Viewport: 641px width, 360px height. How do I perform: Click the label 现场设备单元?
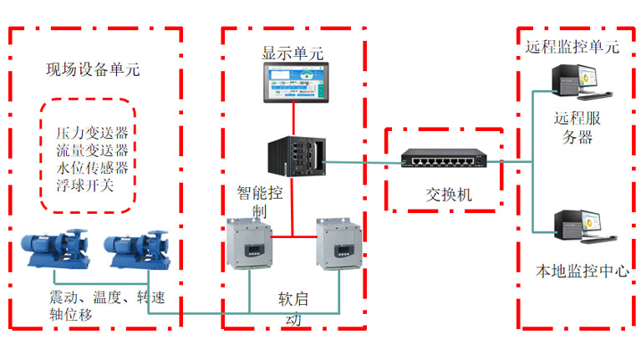92,70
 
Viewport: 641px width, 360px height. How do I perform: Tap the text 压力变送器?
92,134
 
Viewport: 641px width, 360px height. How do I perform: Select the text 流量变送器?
92,150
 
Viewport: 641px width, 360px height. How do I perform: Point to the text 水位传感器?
92,167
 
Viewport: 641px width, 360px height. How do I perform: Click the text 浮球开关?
84,184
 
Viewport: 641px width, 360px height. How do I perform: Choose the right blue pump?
135,249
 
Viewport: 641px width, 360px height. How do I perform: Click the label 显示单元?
293,53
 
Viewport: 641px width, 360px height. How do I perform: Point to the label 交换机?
449,195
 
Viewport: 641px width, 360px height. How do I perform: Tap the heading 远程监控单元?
572,47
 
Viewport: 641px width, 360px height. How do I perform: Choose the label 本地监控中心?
582,271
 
